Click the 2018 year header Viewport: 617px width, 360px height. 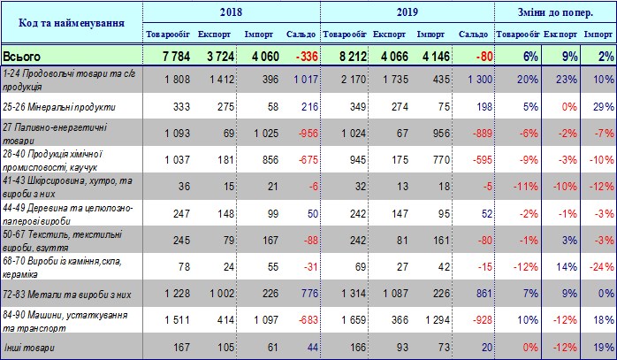click(232, 13)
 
